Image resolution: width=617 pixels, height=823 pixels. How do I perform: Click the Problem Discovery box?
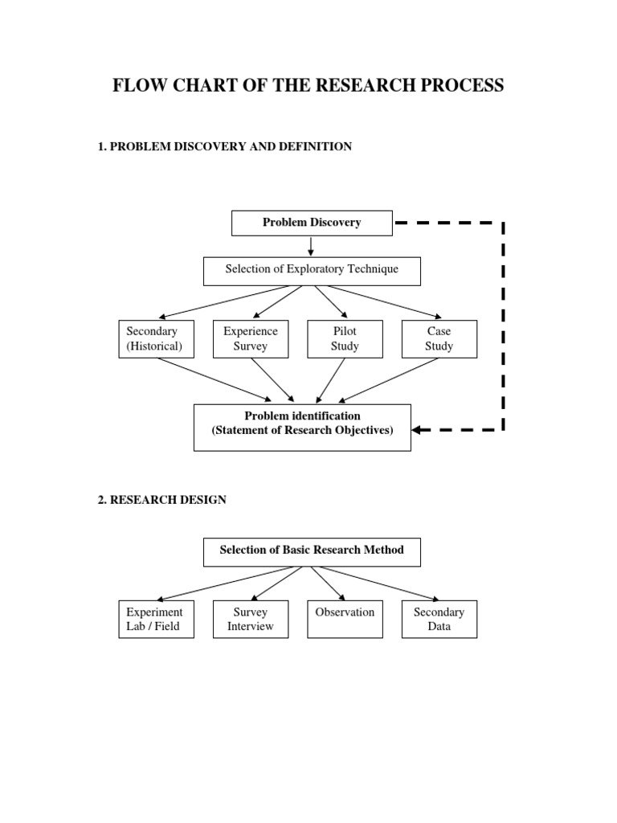click(312, 223)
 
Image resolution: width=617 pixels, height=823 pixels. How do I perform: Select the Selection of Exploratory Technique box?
click(312, 271)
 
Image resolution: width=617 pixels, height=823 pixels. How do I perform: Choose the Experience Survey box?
click(251, 338)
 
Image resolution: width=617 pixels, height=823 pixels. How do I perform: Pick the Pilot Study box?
click(345, 338)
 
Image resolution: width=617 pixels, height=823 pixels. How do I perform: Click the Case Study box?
click(439, 338)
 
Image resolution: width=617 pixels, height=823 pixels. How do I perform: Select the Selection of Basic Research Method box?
click(312, 552)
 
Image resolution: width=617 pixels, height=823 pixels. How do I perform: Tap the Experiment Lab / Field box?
click(156, 619)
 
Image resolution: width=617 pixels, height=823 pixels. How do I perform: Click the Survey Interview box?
click(251, 619)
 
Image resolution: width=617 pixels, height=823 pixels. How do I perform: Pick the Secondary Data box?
click(439, 619)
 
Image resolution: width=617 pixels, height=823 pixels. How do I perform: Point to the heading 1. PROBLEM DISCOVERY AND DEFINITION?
click(224, 147)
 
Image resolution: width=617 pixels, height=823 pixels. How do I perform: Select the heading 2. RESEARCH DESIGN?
click(161, 500)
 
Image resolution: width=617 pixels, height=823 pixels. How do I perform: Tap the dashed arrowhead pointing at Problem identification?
click(419, 430)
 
